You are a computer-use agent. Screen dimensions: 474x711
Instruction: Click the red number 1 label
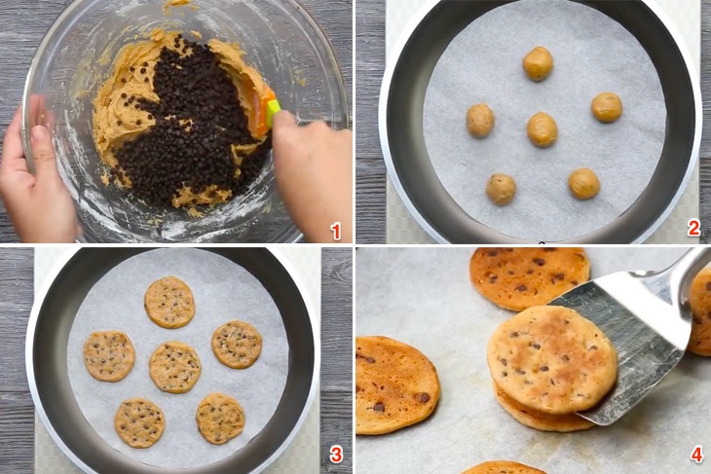click(x=336, y=231)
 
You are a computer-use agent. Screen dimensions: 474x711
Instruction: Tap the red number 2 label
click(x=693, y=229)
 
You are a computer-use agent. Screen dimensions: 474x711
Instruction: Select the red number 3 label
click(x=336, y=454)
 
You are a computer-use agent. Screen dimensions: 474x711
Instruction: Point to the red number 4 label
click(x=695, y=455)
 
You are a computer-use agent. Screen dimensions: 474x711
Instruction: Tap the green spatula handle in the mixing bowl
click(x=274, y=107)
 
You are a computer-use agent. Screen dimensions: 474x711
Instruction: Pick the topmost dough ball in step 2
click(x=538, y=63)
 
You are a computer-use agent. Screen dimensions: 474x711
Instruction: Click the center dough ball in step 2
click(x=542, y=128)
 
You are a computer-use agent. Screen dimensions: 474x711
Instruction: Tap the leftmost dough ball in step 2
click(x=480, y=121)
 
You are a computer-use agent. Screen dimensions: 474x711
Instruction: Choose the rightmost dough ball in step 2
click(x=606, y=107)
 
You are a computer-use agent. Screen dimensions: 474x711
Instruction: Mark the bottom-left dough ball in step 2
click(x=501, y=189)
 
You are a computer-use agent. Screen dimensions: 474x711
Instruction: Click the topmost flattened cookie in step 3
click(x=169, y=302)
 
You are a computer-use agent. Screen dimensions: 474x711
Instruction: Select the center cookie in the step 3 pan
click(x=175, y=367)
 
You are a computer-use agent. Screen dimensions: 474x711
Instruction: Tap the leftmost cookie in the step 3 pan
click(x=108, y=355)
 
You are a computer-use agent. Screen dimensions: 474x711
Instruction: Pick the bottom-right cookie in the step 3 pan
click(x=220, y=418)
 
